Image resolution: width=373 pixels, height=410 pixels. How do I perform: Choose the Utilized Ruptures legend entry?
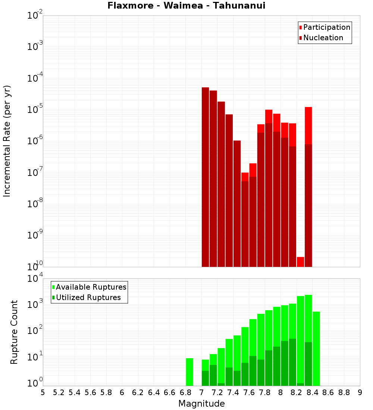pos(88,297)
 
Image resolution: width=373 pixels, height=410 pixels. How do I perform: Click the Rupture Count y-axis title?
pos(14,332)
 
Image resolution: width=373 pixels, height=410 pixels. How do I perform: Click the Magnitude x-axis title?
pos(201,404)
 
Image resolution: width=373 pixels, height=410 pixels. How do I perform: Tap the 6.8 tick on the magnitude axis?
pos(185,392)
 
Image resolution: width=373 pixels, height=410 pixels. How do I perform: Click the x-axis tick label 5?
pos(43,392)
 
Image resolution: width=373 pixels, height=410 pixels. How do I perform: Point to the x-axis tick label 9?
pos(360,392)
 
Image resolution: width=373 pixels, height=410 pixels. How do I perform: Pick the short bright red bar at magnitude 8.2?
pos(300,262)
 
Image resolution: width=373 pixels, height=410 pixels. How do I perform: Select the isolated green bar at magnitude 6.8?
pos(189,372)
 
